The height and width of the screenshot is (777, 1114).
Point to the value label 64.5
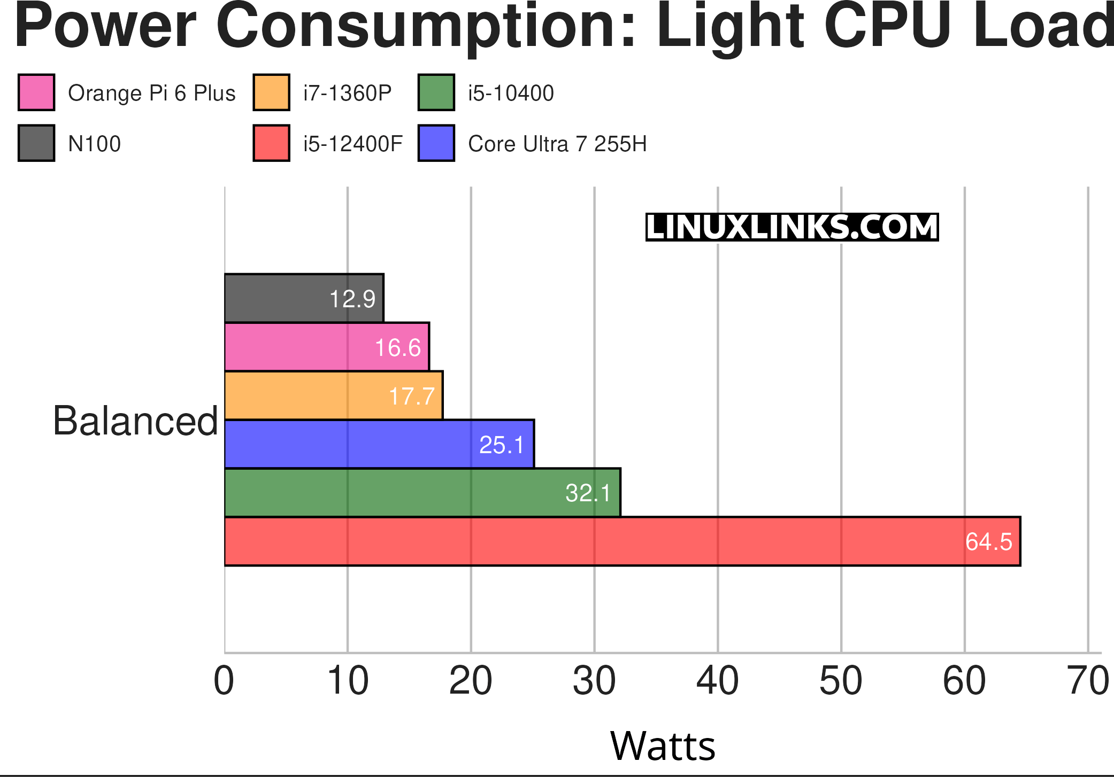[x=988, y=542]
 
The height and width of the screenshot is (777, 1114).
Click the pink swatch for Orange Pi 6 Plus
[x=36, y=92]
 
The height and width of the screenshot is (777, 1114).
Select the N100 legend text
[x=94, y=144]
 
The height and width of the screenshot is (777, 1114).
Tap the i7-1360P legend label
[x=347, y=93]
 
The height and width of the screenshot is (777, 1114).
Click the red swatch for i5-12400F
[x=271, y=143]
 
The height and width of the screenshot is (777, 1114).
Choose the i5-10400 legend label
[x=511, y=93]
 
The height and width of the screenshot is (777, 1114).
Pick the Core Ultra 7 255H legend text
[x=557, y=144]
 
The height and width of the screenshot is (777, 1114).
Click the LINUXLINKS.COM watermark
[x=792, y=227]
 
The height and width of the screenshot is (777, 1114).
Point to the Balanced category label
[x=135, y=421]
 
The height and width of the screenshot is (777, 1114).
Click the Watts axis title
[x=662, y=746]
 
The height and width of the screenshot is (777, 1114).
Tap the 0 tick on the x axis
[x=224, y=681]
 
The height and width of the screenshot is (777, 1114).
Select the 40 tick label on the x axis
[x=717, y=681]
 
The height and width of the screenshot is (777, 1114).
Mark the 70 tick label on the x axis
[x=1088, y=681]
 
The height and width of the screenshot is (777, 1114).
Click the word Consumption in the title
[x=425, y=26]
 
